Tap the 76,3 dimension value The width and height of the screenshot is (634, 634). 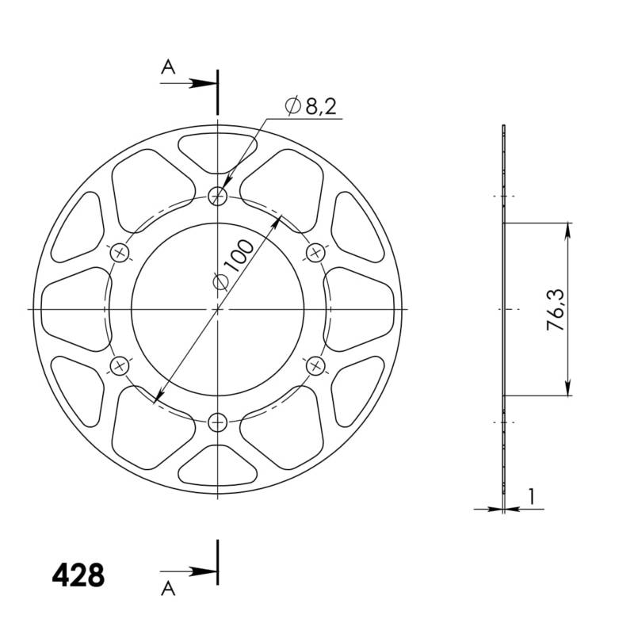pos(556,309)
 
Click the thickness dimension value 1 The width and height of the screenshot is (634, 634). pos(531,496)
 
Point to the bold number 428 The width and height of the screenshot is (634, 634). pos(78,575)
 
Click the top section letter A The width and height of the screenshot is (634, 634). pos(167,68)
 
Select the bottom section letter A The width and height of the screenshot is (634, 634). pos(167,587)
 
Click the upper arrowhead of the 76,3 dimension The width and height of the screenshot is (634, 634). pos(568,229)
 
